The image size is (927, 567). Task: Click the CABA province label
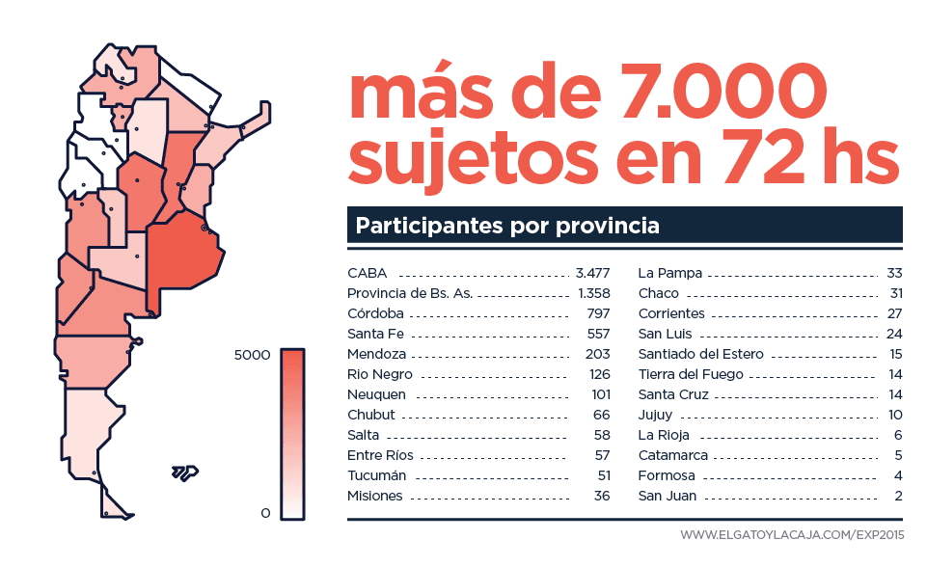point(368,273)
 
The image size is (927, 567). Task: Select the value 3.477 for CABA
point(592,273)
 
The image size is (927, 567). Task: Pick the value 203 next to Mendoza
point(598,354)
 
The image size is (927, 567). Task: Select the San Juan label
point(668,497)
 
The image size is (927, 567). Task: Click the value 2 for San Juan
point(898,497)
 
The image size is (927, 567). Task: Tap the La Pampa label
point(670,273)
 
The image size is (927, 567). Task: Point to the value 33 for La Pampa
point(894,273)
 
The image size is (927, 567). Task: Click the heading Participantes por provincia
point(507,227)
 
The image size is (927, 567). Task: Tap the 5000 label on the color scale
point(253,355)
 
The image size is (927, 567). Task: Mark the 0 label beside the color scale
point(265,513)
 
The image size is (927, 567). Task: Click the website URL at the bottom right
point(791,534)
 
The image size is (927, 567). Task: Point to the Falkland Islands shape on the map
point(184,472)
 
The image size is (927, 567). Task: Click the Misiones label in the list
point(375,497)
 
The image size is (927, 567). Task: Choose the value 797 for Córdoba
point(598,313)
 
